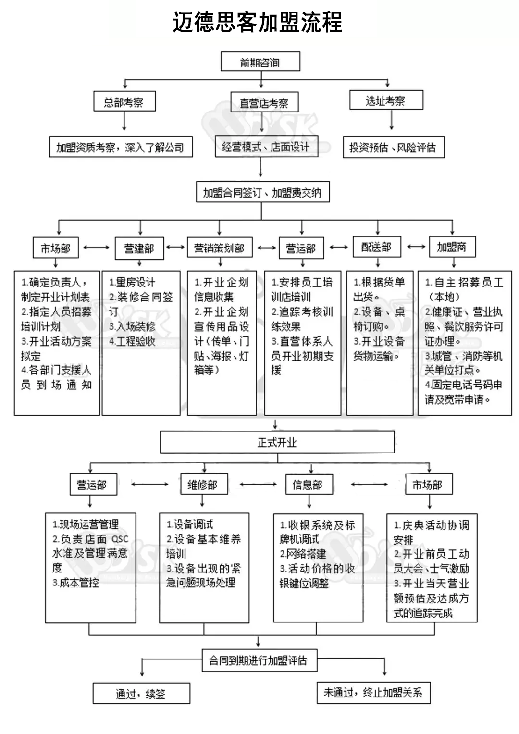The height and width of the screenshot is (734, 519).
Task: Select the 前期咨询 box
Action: (x=260, y=62)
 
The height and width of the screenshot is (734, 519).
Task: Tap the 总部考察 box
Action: (x=124, y=102)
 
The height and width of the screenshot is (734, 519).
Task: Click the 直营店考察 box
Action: (x=264, y=102)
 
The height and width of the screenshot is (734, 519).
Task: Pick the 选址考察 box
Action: (x=385, y=100)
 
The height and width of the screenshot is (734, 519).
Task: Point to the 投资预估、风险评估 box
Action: (x=393, y=148)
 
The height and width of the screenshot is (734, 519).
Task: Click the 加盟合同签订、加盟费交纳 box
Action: (x=261, y=192)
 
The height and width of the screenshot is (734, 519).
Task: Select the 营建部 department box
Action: (x=139, y=248)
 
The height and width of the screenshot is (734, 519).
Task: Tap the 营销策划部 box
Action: (x=220, y=248)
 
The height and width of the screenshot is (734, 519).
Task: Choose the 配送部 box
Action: (x=377, y=247)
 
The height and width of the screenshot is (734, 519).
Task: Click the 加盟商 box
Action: (x=452, y=247)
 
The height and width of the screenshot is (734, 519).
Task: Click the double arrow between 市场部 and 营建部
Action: (x=97, y=248)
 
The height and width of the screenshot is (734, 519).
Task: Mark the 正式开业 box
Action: (x=277, y=442)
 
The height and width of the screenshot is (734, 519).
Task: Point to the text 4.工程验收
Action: (x=132, y=341)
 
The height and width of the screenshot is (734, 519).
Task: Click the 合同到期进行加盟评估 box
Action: (x=259, y=660)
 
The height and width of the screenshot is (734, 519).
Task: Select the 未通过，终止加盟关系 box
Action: (x=373, y=692)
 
